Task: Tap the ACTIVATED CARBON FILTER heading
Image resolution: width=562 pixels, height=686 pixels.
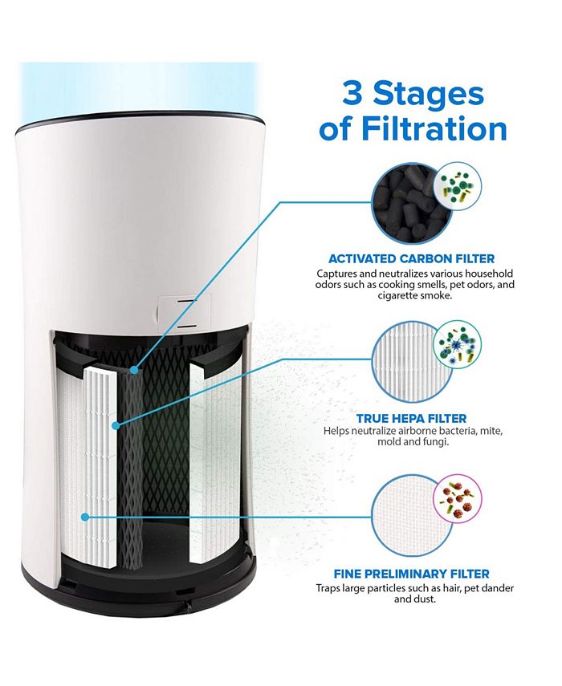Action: tap(411, 258)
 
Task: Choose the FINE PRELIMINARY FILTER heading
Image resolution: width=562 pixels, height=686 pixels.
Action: tap(412, 574)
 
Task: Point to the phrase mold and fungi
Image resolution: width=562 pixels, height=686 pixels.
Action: tap(411, 443)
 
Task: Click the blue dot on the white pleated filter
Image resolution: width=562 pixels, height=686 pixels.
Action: tap(117, 424)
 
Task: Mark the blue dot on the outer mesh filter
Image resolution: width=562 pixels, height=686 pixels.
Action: tap(85, 517)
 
